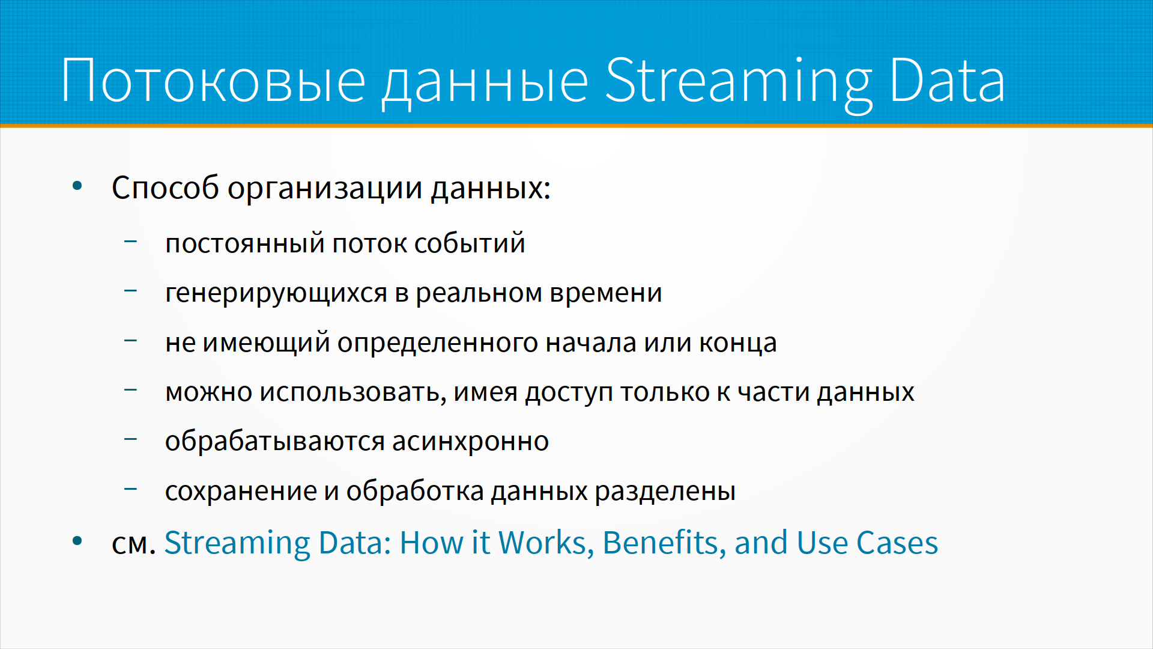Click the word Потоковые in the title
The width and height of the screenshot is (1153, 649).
(213, 81)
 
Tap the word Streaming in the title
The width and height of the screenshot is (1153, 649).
(738, 84)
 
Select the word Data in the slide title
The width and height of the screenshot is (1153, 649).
(947, 81)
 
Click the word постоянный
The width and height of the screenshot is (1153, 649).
(245, 244)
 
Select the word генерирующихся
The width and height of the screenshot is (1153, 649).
(276, 294)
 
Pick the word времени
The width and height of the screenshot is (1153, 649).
(606, 293)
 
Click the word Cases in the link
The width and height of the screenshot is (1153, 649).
(897, 543)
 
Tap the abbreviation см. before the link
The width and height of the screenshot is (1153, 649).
(134, 544)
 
